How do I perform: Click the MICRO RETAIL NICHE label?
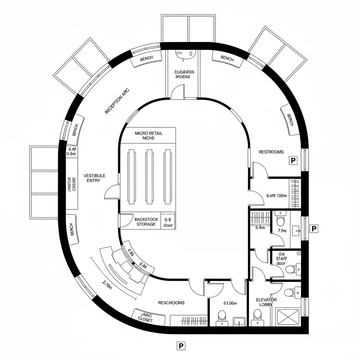(149, 136)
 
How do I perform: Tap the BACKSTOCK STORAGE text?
(146, 221)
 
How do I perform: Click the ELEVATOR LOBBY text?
(266, 302)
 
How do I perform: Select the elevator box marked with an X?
(288, 317)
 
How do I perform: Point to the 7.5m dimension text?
(282, 231)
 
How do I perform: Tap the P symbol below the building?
(180, 346)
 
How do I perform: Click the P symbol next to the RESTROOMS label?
(293, 161)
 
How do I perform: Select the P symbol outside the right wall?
(314, 229)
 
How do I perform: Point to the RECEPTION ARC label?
(117, 101)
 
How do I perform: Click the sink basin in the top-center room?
(179, 54)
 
